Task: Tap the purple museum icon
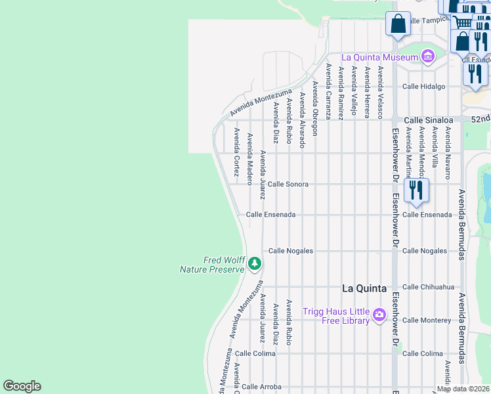point(428,57)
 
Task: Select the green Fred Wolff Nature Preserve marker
point(255,265)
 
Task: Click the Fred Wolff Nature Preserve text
point(212,264)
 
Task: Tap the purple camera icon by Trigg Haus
point(379,316)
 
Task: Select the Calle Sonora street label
point(288,185)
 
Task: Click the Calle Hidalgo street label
point(423,86)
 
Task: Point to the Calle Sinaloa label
point(428,120)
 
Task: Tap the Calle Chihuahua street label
point(428,287)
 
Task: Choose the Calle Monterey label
point(427,320)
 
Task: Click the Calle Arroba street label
point(261,387)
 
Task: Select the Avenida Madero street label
point(249,159)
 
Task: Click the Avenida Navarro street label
point(448,153)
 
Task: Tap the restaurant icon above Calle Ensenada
point(416,190)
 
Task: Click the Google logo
point(22,386)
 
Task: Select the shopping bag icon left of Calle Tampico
point(398,24)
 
